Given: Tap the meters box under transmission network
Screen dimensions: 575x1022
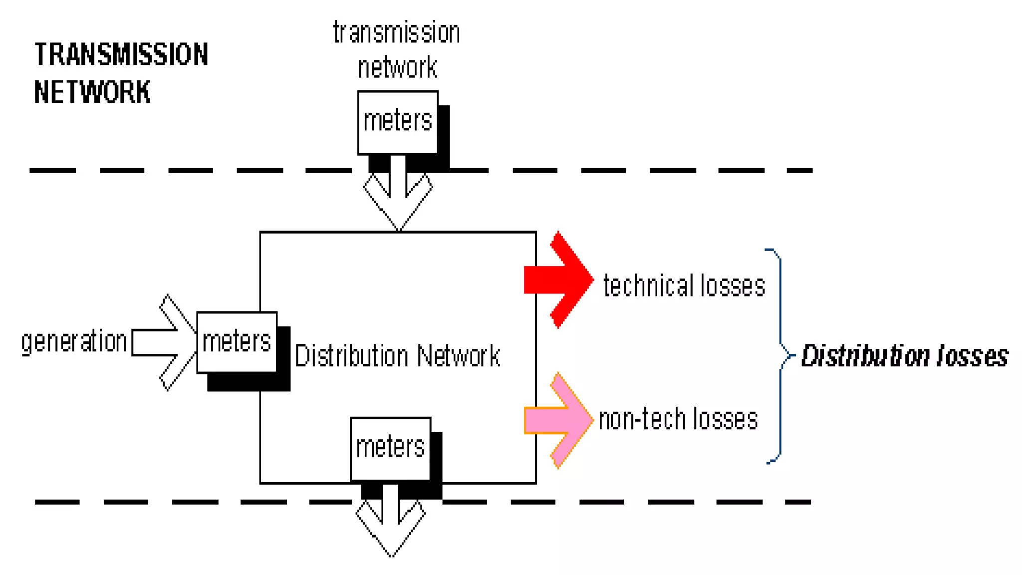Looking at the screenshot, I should point(398,122).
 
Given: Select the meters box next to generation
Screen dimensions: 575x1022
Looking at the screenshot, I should point(237,342).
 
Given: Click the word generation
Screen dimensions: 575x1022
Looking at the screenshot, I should point(74,342).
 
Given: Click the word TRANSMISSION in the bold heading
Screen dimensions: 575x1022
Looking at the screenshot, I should point(121,54).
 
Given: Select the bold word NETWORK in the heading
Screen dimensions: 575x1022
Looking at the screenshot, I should point(92,92).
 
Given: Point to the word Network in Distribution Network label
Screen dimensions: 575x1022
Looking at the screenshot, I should point(458,356).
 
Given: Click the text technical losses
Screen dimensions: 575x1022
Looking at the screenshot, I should point(684,286).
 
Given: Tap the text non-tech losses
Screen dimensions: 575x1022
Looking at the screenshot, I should point(678,419).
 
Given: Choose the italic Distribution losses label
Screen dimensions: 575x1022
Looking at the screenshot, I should point(904,356).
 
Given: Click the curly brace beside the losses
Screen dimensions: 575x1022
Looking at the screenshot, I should point(780,355).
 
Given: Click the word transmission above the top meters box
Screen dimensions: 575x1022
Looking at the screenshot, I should point(397,33).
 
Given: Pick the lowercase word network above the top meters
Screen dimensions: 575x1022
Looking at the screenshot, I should point(398,67).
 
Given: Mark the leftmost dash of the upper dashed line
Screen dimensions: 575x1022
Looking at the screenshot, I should point(52,171).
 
